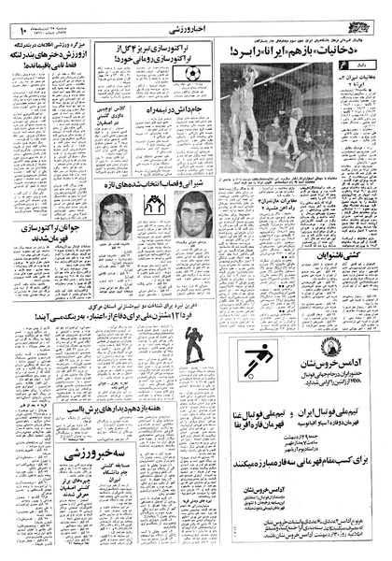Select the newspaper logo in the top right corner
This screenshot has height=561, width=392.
click(x=366, y=14)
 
